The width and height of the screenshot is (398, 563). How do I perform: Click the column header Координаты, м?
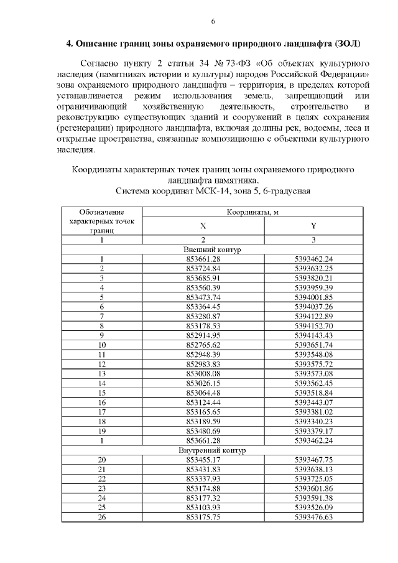point(252,212)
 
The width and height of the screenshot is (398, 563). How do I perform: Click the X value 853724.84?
point(203,268)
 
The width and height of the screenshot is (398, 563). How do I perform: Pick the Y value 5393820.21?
point(313,277)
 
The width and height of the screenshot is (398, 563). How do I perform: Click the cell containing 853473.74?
point(203,297)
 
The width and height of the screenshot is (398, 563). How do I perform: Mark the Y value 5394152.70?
point(313,325)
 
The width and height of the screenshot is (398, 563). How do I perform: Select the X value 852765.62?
point(203,345)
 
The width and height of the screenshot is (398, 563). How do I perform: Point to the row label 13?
point(102,373)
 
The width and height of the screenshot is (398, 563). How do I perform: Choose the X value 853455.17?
point(203,459)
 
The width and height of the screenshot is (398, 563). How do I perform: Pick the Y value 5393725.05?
point(313,478)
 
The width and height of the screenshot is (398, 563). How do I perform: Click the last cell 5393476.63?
point(313,516)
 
